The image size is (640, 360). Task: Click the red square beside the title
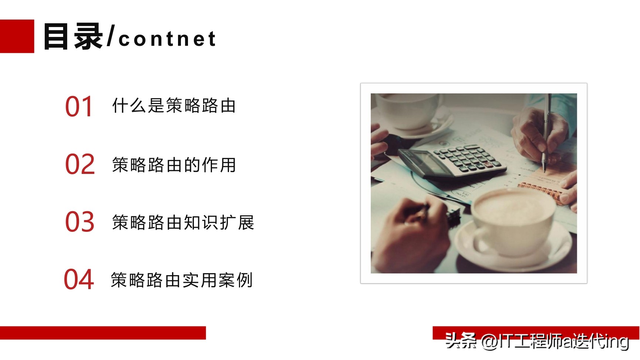(x=17, y=36)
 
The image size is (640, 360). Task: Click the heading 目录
(x=73, y=37)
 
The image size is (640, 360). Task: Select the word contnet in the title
(x=167, y=39)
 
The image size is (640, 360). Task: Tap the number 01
(x=79, y=107)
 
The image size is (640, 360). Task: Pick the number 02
(x=80, y=164)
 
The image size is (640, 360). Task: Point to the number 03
(x=80, y=222)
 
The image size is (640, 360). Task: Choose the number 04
(x=79, y=280)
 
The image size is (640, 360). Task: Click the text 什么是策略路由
(x=174, y=106)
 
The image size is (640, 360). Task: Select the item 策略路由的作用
(x=174, y=165)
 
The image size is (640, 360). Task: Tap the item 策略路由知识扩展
(x=183, y=222)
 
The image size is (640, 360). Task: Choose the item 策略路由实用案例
(x=181, y=280)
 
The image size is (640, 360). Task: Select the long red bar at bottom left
(x=103, y=333)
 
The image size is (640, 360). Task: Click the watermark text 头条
(x=461, y=340)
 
